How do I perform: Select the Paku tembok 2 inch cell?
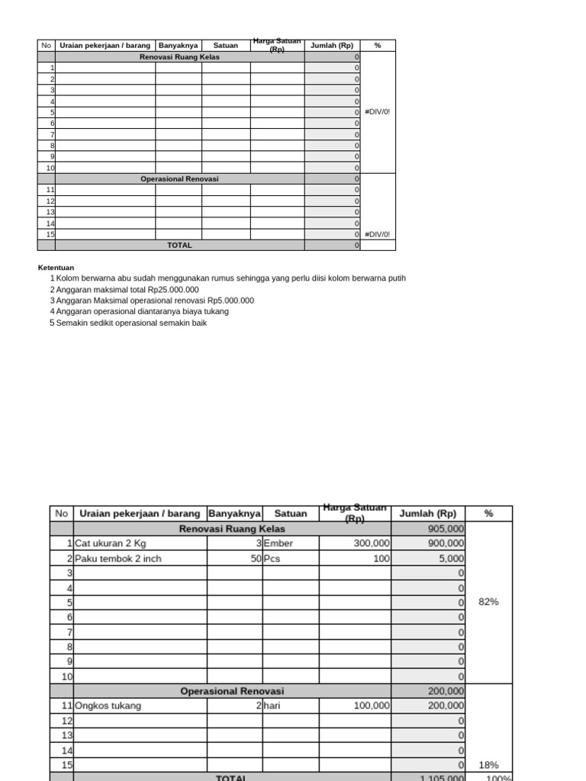pos(118,558)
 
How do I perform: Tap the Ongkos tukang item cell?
pos(108,705)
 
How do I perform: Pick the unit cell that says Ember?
pos(279,543)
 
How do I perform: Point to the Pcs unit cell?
pos(272,558)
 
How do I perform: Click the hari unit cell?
pos(273,705)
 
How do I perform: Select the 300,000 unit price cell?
pos(372,543)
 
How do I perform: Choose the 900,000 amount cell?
pos(444,543)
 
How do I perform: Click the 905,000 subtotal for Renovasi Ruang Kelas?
pos(444,529)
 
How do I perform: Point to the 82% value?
pos(488,602)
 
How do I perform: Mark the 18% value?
pos(488,764)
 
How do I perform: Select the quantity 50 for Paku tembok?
pos(256,558)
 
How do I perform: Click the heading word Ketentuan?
pos(56,268)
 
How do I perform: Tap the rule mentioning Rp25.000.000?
pos(127,290)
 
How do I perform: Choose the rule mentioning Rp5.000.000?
pos(155,301)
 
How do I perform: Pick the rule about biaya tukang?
pos(142,311)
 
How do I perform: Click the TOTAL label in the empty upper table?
pos(179,246)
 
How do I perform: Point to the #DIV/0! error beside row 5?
pos(377,112)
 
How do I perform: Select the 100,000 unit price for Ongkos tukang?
pos(372,705)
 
